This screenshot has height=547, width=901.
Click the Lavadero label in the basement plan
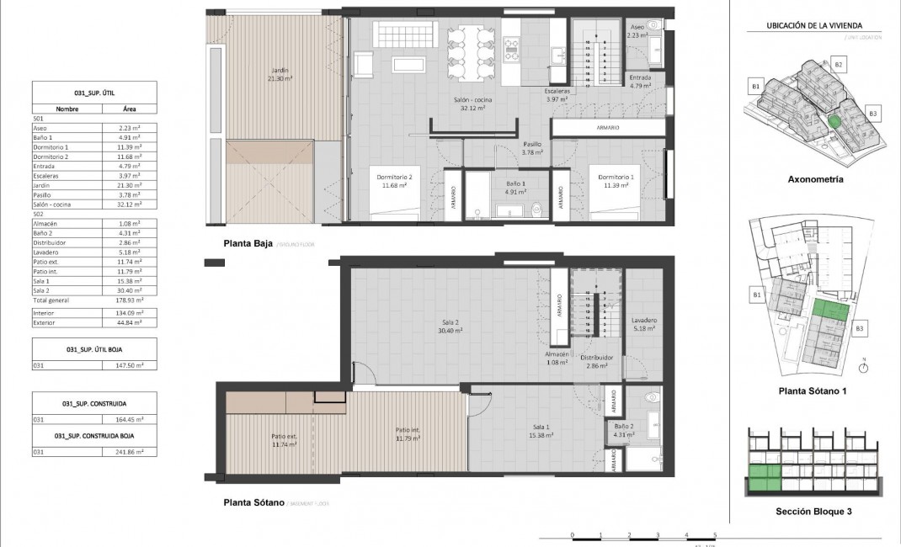(643, 325)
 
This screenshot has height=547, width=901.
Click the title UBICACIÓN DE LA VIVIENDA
(813, 26)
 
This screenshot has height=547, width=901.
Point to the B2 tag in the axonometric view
(838, 64)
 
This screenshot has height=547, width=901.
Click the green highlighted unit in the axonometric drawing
(834, 122)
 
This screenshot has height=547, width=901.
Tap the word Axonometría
(814, 179)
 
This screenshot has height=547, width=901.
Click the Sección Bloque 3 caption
(813, 511)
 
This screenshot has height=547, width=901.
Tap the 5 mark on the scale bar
(715, 535)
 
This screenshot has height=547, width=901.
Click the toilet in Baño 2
(650, 398)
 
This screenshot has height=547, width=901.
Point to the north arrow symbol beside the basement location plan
(864, 366)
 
